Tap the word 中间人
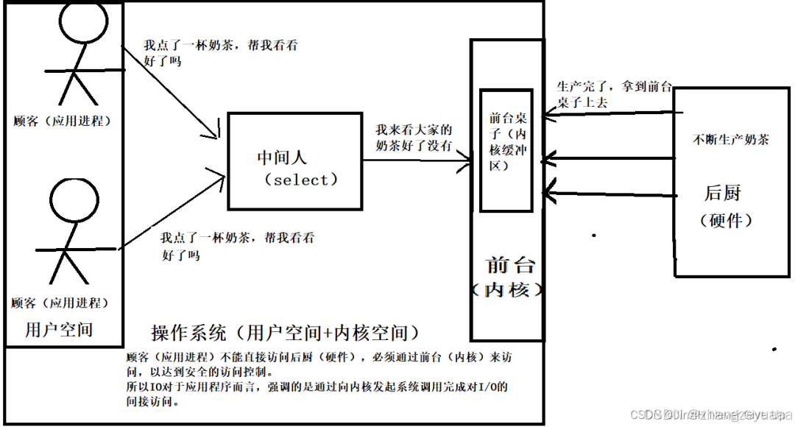(x=282, y=157)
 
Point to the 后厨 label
(x=722, y=193)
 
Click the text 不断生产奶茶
(x=731, y=138)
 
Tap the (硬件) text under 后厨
(x=726, y=219)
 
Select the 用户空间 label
(x=59, y=329)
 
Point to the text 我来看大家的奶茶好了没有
(x=414, y=137)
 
